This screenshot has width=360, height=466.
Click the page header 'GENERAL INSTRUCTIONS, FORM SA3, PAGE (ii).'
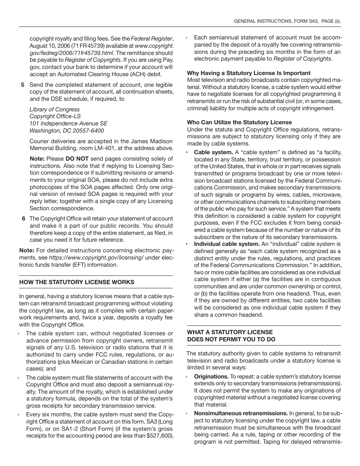pyautogui.click(x=287, y=22)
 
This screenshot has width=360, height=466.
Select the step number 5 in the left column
pyautogui.click(x=23, y=85)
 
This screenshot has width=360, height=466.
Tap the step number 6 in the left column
pyautogui.click(x=23, y=219)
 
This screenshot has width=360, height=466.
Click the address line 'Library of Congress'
pyautogui.click(x=55, y=109)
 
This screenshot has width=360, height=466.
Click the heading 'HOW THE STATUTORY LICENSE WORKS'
pyautogui.click(x=77, y=282)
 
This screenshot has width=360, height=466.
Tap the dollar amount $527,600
pyautogui.click(x=160, y=436)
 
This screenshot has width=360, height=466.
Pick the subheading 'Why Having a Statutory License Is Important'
pyautogui.click(x=249, y=73)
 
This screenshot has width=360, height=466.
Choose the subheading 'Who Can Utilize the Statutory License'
pyautogui.click(x=239, y=122)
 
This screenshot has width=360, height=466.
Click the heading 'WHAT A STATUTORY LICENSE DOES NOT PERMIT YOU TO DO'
pyautogui.click(x=231, y=336)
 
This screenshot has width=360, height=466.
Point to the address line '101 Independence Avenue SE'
pyautogui.click(x=68, y=124)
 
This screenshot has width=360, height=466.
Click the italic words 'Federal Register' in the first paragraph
pyautogui.click(x=152, y=38)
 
